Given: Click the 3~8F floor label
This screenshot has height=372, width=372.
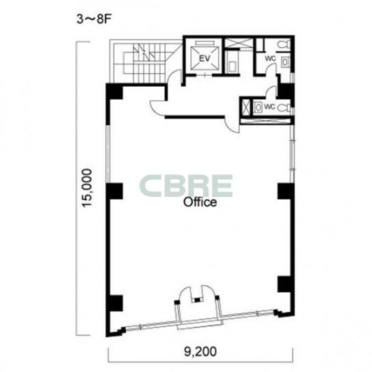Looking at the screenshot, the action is click(x=94, y=19).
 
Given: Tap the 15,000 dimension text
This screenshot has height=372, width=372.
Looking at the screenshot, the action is click(x=86, y=188).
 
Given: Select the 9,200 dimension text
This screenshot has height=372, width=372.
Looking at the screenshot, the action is click(x=200, y=351).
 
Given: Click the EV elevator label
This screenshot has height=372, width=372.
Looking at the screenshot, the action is click(x=204, y=58).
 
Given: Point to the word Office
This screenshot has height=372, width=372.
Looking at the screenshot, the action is click(x=200, y=202).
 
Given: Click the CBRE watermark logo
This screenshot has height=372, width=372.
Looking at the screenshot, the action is click(x=186, y=186).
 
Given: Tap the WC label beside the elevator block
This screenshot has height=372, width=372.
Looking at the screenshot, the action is click(x=270, y=58).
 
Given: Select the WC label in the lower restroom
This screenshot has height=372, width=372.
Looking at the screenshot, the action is click(x=269, y=107).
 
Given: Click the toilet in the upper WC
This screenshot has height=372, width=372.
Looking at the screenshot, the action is click(x=284, y=45).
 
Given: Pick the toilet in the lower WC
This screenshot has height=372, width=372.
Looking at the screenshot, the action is click(x=284, y=108).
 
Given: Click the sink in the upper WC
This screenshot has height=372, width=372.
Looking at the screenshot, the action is click(x=285, y=62).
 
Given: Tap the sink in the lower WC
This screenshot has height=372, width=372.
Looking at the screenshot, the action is click(x=257, y=107).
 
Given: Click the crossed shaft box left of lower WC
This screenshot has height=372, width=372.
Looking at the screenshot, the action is click(x=245, y=107).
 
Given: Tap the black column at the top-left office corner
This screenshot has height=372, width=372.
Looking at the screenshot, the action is click(x=114, y=92).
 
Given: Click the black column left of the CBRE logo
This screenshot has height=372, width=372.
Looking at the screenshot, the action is click(x=114, y=191).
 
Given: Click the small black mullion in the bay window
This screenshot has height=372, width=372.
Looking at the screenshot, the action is click(x=198, y=300).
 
